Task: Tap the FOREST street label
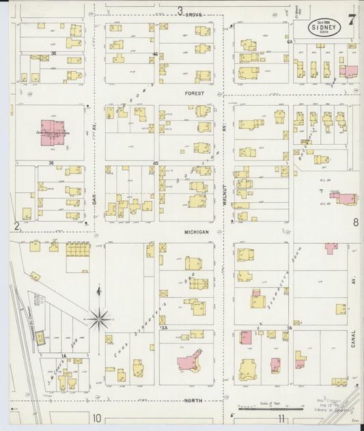195,93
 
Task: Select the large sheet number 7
351,20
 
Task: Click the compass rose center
100,317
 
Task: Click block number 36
52,163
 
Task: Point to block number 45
156,163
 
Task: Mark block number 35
53,52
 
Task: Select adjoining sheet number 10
98,417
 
